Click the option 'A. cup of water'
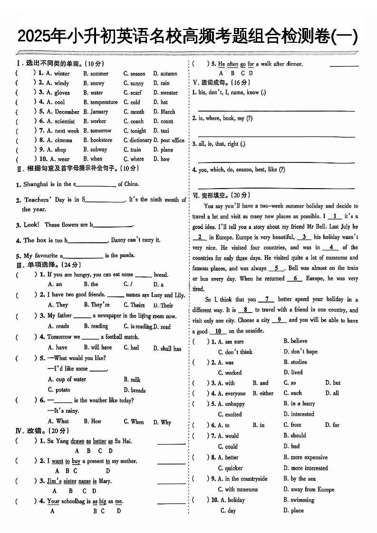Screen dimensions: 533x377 (67, 379)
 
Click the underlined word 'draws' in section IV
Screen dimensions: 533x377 (77, 441)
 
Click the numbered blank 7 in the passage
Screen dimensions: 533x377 (267, 299)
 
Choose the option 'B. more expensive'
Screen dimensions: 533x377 (305, 457)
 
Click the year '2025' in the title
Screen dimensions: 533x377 (34, 37)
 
